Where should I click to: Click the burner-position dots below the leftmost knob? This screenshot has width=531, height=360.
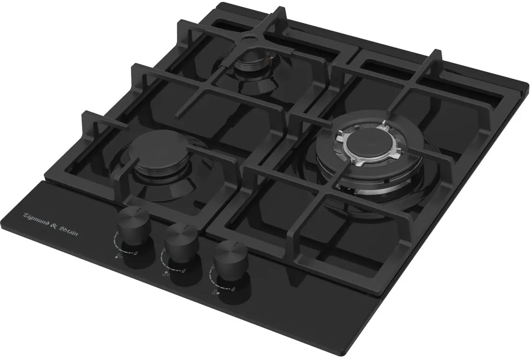[x=118, y=256]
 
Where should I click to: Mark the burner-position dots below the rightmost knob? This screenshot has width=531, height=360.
[x=216, y=291]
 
